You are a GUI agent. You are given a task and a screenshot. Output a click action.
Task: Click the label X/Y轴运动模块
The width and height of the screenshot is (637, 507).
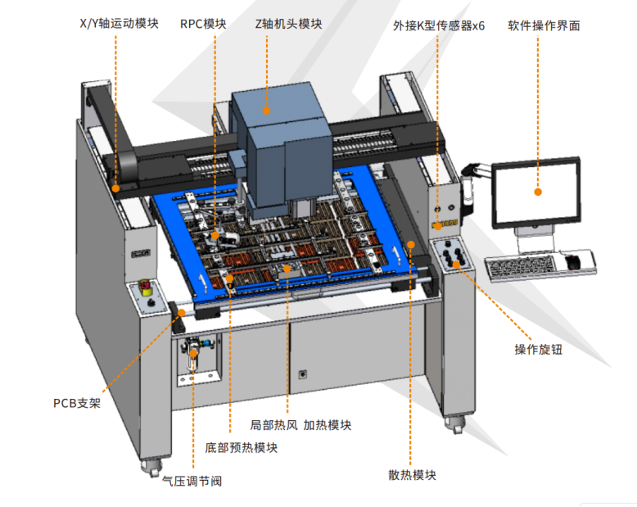pyautogui.click(x=119, y=24)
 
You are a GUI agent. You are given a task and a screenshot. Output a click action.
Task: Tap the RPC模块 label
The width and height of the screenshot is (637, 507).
pyautogui.click(x=203, y=24)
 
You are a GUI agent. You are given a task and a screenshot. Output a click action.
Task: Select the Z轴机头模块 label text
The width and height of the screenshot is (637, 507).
pyautogui.click(x=288, y=24)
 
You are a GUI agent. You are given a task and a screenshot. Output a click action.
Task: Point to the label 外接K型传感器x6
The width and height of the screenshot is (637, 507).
pyautogui.click(x=439, y=26)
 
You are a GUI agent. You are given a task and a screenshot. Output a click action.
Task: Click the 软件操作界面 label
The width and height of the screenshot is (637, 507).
pyautogui.click(x=544, y=26)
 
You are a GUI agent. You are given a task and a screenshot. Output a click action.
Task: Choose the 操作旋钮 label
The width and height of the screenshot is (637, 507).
pyautogui.click(x=538, y=350)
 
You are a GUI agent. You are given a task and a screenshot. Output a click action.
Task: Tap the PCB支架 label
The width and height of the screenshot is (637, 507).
pyautogui.click(x=77, y=404)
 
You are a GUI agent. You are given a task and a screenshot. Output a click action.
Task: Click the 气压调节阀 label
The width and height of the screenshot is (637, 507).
pyautogui.click(x=192, y=482)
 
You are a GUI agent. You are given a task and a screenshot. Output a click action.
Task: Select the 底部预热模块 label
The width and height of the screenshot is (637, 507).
pyautogui.click(x=241, y=448)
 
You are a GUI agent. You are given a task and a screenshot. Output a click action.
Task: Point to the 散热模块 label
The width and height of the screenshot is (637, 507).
pyautogui.click(x=412, y=475)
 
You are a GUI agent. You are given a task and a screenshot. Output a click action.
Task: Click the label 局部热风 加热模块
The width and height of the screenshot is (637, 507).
pyautogui.click(x=300, y=425)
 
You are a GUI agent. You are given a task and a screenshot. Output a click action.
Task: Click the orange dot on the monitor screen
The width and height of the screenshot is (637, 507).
pyautogui.click(x=538, y=192)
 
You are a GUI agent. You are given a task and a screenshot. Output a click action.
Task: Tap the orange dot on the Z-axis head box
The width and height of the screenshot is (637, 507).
pyautogui.click(x=266, y=111)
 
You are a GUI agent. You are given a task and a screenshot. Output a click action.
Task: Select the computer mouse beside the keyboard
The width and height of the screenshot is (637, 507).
pyautogui.click(x=572, y=262)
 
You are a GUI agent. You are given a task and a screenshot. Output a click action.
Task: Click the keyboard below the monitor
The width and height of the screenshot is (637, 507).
pyautogui.click(x=521, y=267)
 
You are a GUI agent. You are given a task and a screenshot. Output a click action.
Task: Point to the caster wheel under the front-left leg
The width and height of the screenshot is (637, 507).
pyautogui.click(x=151, y=468)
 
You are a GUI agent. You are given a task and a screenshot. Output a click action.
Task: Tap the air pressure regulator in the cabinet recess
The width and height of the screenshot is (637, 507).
pyautogui.click(x=193, y=355)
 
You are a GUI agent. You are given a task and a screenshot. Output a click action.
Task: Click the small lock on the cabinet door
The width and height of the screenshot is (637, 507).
pyautogui.click(x=303, y=374)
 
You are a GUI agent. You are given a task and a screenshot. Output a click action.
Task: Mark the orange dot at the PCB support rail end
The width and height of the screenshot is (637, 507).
pyautogui.click(x=182, y=313)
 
